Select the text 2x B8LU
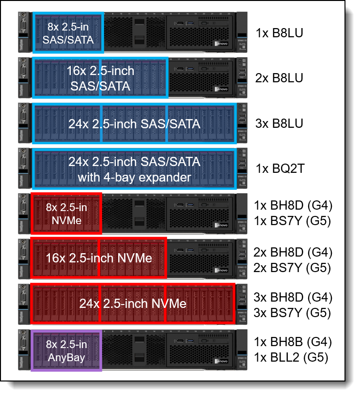(x=279, y=78)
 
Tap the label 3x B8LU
(x=279, y=123)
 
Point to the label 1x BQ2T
(x=280, y=169)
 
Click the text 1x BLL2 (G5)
(x=291, y=358)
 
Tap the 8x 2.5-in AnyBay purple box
(x=66, y=351)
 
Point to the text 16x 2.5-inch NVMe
(x=99, y=258)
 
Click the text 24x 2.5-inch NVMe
(x=133, y=304)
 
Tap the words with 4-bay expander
(x=134, y=177)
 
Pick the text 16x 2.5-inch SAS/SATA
(x=100, y=78)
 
